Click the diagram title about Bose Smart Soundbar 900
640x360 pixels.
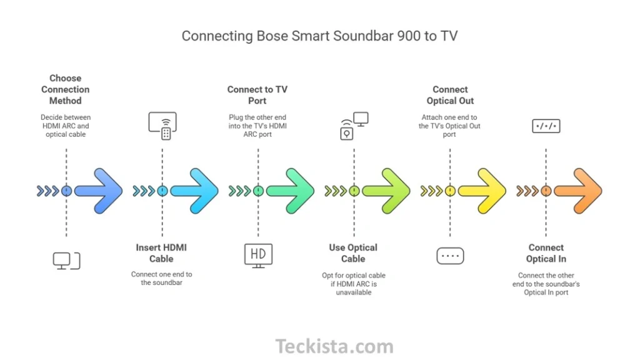(319, 36)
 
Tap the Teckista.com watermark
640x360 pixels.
(334, 346)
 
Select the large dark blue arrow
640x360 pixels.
(99, 191)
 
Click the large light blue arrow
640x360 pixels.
(195, 191)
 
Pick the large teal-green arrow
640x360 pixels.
(291, 191)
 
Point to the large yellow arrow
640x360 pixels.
(482, 191)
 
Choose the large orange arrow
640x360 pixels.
(578, 191)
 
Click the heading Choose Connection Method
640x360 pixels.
(66, 89)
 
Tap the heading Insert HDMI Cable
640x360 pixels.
(161, 253)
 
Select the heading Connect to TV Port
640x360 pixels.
(257, 95)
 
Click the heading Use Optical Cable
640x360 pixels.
(353, 253)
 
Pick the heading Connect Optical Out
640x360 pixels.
(450, 95)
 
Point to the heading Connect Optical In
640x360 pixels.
(546, 253)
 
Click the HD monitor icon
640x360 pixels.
(258, 255)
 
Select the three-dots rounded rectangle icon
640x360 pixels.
(450, 256)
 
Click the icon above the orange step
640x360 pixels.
(546, 126)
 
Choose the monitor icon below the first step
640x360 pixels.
(66, 260)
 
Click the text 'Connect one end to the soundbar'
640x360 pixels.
(161, 278)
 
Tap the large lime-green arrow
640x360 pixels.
(386, 191)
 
